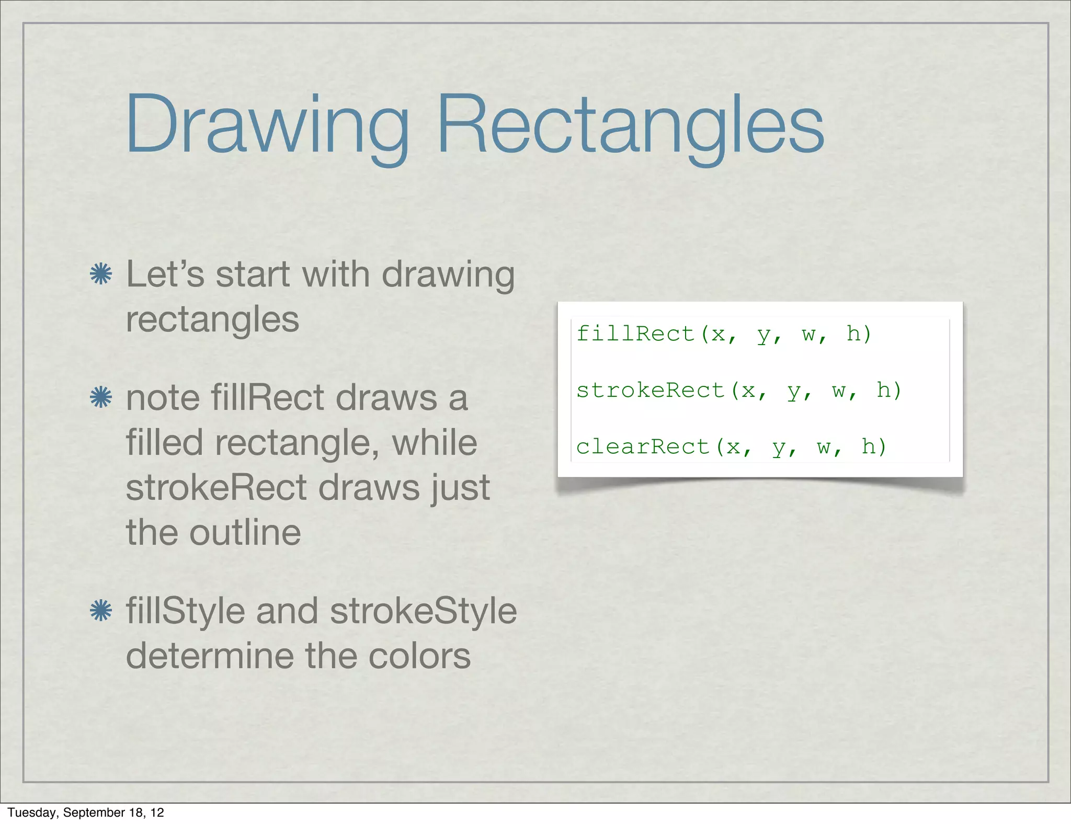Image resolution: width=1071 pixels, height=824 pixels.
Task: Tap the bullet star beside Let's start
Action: pos(100,274)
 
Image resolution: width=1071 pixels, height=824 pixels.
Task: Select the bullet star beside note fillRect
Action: pos(100,397)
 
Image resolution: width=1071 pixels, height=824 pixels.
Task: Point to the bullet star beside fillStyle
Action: pos(100,611)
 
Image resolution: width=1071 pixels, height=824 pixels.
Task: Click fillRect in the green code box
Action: pos(635,334)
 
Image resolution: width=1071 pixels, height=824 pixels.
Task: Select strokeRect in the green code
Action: pos(650,390)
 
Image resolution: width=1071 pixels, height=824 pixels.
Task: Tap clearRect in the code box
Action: pos(643,447)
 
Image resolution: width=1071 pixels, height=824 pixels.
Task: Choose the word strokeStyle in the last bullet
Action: pos(423,611)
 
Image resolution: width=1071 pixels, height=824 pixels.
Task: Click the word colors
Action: pos(419,656)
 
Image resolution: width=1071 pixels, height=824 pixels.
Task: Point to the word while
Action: pos(434,443)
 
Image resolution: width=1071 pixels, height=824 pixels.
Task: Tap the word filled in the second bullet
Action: pos(164,443)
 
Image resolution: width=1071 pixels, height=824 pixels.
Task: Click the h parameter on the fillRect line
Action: pos(853,334)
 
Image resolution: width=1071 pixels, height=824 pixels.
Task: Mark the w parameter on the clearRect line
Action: pos(824,447)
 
